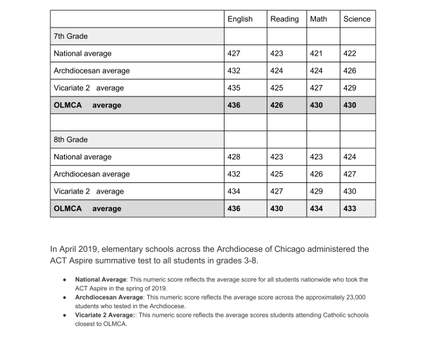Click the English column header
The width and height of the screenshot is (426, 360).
[x=240, y=19]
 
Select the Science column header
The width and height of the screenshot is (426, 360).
[x=357, y=19]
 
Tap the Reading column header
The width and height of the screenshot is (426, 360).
[x=284, y=19]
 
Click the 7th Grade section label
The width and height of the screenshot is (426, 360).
[x=71, y=36]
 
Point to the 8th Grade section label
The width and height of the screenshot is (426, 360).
[x=71, y=140]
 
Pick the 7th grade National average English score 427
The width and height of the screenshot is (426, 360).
[x=234, y=54]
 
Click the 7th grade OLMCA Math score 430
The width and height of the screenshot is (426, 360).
[x=317, y=105]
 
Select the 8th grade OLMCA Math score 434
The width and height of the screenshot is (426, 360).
[x=317, y=209]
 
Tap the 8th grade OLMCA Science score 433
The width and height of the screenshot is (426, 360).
[x=350, y=209]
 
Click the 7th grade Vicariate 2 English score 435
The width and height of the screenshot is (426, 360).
[x=234, y=88]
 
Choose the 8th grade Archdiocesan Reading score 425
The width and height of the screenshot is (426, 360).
[x=277, y=174]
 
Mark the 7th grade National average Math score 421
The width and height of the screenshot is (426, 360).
[x=317, y=54]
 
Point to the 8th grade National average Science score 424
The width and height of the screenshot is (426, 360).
[x=350, y=157]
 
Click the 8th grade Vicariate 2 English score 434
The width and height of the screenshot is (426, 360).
[x=234, y=191]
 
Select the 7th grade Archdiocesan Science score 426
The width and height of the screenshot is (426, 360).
[x=350, y=71]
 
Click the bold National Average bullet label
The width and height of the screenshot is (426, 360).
[x=100, y=280]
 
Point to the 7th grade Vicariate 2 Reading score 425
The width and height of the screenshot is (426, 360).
[x=277, y=88]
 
